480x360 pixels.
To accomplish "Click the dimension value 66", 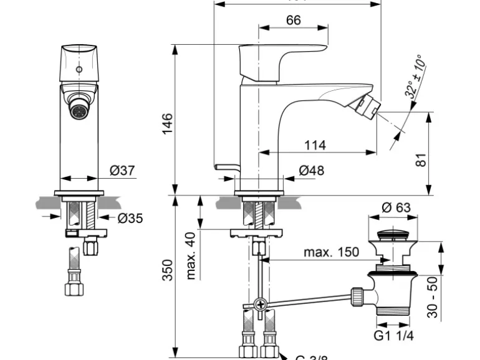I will point(293,20).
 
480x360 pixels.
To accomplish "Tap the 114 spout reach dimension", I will point(315,145).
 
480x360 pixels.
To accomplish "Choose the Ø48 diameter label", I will point(312,170).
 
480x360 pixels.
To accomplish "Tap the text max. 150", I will point(331,252).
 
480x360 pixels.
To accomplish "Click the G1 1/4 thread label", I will point(392,335).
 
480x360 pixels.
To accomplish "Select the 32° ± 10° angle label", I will point(413,77).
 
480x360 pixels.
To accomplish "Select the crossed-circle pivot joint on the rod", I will point(261,305).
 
